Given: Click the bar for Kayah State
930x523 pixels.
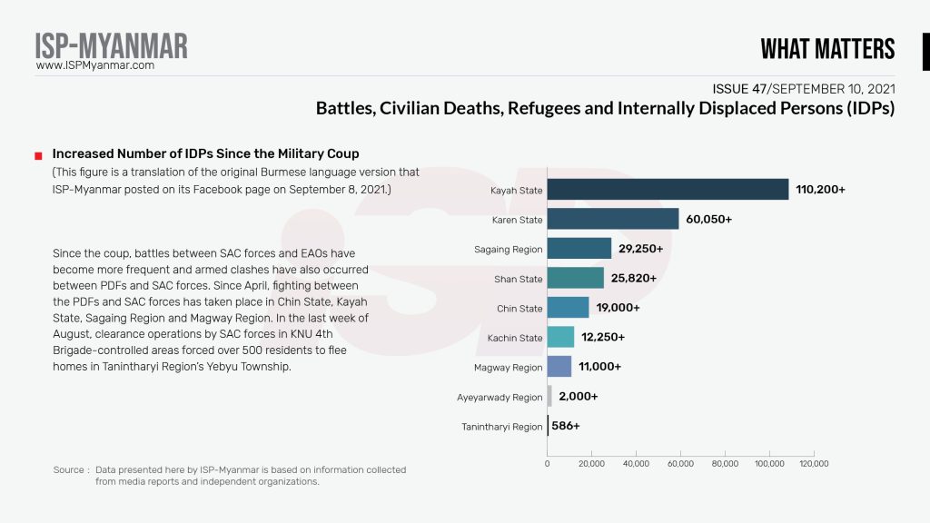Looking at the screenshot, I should pyautogui.click(x=668, y=190).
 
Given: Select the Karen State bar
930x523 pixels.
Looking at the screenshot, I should pyautogui.click(x=613, y=219).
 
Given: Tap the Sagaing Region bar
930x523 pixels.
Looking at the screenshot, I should pyautogui.click(x=579, y=249).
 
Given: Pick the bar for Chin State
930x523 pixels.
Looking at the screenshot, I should pyautogui.click(x=568, y=308).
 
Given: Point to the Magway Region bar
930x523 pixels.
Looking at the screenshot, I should pyautogui.click(x=559, y=367).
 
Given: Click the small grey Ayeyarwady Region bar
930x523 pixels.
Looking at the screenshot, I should pyautogui.click(x=549, y=396).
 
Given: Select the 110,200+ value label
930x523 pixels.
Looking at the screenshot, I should pyautogui.click(x=820, y=190).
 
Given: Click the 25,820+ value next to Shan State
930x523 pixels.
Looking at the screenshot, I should pyautogui.click(x=634, y=278).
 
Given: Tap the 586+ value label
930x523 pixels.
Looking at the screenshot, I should pyautogui.click(x=566, y=426).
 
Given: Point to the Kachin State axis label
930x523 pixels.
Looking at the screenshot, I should pyautogui.click(x=515, y=338).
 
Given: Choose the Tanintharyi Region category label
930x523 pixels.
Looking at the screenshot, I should pyautogui.click(x=502, y=427).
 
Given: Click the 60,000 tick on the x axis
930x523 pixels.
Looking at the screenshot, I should pyautogui.click(x=680, y=464).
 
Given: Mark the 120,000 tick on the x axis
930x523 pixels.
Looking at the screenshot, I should pyautogui.click(x=814, y=464).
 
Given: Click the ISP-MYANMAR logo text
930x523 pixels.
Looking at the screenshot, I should pyautogui.click(x=111, y=44).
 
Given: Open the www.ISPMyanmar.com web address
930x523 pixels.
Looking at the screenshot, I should pyautogui.click(x=95, y=65).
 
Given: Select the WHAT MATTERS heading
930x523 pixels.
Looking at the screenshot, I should pyautogui.click(x=827, y=49).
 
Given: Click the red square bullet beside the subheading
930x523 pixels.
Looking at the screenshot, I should pyautogui.click(x=38, y=155).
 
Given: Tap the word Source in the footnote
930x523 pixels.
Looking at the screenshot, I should pyautogui.click(x=68, y=470).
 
